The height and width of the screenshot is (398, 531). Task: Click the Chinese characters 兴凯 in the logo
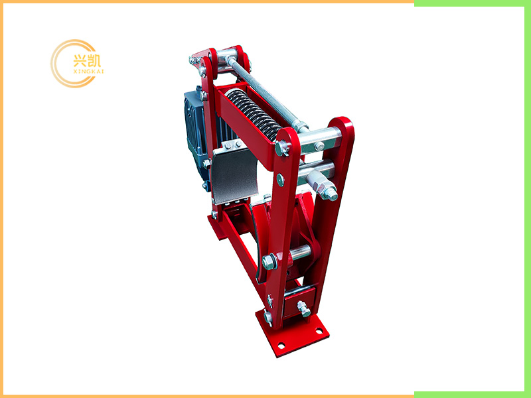pos(87,60)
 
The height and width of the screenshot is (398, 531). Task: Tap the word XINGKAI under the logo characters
pos(88,72)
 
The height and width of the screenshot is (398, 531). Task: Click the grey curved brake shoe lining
pos(234,175)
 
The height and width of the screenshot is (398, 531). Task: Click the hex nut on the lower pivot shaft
pos(269,262)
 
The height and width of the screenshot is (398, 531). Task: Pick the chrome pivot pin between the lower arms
pos(300,252)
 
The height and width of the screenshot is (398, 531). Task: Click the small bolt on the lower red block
pos(303,308)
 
